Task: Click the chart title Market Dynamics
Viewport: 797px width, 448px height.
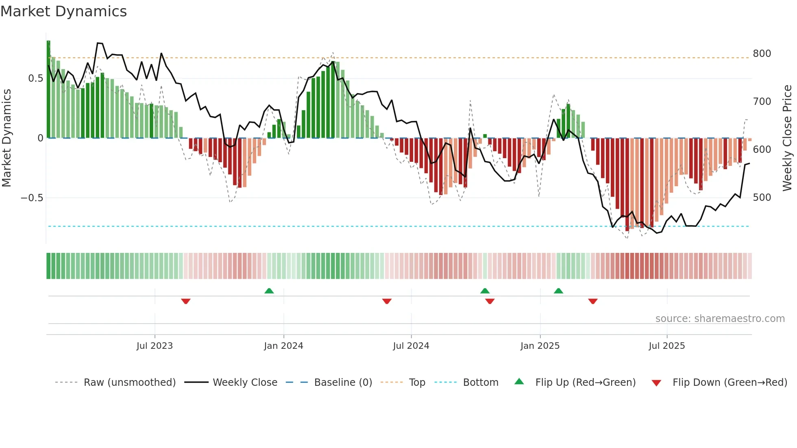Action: tap(64, 11)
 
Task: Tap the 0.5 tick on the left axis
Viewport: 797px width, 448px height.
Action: tap(35, 78)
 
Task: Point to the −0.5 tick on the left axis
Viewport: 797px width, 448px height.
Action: tap(32, 198)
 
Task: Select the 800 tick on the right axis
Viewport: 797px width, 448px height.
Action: tap(762, 54)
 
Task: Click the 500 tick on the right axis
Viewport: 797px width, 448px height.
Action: tap(762, 198)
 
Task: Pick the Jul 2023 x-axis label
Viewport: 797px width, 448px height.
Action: tap(155, 346)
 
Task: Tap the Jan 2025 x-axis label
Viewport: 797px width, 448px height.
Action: tap(540, 346)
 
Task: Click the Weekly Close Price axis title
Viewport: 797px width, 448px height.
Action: tap(787, 138)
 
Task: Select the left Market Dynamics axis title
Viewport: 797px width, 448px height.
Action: tap(7, 138)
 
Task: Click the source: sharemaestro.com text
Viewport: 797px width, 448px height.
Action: tap(720, 319)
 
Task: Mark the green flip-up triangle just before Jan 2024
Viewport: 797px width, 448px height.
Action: tap(269, 291)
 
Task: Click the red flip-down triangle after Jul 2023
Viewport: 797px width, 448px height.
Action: tap(186, 301)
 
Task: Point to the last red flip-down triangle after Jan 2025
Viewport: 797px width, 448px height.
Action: tap(593, 301)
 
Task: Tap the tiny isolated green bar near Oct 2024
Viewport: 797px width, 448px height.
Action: tap(485, 136)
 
